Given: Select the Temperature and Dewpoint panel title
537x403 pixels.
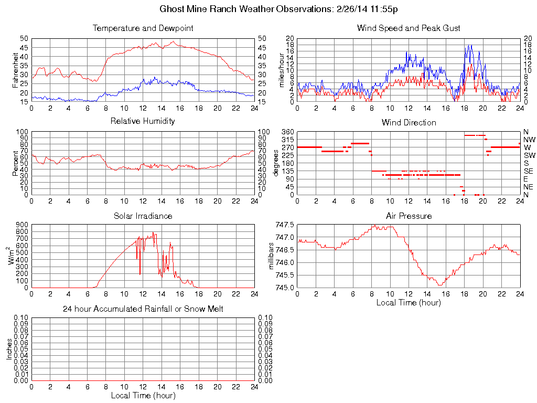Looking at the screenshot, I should [x=143, y=28].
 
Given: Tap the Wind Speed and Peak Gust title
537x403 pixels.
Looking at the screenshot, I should [x=409, y=28].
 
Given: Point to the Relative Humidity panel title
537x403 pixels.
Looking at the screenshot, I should [x=143, y=121].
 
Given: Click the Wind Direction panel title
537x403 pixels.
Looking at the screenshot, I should [x=409, y=122].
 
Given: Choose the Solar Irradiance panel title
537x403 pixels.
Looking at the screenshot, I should [x=143, y=216].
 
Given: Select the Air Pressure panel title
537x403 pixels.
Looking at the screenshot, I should [x=409, y=216].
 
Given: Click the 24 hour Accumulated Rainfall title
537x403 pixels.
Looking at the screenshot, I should [x=143, y=309].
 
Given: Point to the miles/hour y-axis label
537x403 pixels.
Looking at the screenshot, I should [x=281, y=70].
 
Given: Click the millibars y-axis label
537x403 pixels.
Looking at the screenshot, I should [x=272, y=256].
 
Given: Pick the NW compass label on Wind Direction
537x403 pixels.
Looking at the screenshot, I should [x=529, y=140].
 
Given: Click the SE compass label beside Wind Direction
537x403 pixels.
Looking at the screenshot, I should [x=528, y=171].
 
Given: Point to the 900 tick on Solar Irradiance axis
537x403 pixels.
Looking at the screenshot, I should [x=22, y=225].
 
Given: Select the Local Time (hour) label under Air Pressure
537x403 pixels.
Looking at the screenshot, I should [x=409, y=302].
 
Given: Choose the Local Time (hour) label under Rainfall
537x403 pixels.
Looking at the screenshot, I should [x=143, y=395].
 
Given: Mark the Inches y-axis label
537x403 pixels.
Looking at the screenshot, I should [x=9, y=349].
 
